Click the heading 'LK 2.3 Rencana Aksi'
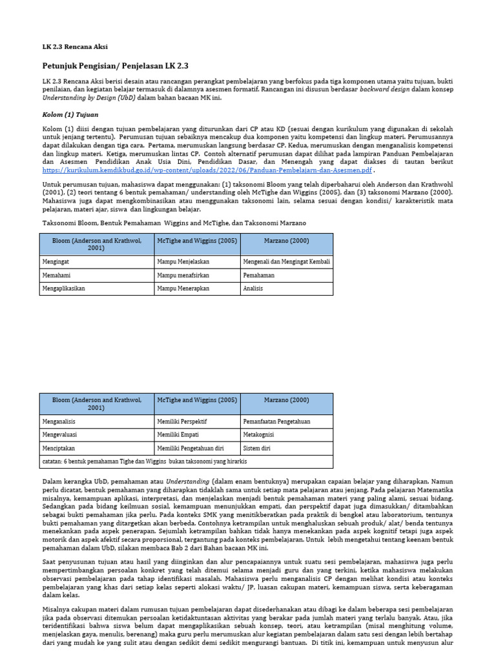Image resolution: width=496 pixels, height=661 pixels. [x=75, y=47]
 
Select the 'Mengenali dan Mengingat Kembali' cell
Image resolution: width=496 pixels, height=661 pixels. [x=286, y=261]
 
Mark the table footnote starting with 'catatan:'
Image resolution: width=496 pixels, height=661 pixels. [x=145, y=462]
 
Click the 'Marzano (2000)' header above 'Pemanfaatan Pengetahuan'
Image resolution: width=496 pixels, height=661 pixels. [x=286, y=400]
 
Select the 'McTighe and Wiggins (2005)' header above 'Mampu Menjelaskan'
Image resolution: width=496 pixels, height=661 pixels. [x=197, y=241]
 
